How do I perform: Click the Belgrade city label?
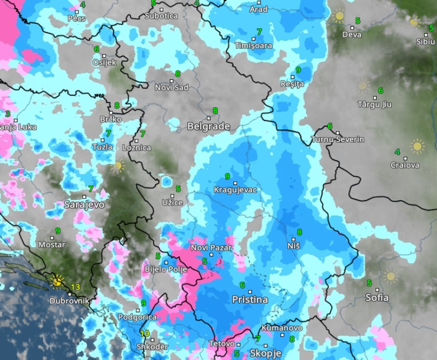point(208,126)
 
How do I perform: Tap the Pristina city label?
point(250,299)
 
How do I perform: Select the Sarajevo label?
point(84,204)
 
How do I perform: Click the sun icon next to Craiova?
point(417,146)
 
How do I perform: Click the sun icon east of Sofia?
point(391,276)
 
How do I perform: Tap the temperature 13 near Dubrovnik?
point(76,287)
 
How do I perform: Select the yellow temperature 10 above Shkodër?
point(145,334)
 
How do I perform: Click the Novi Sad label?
point(172,87)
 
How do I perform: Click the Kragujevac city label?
point(234,190)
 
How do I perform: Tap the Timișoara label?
point(253,46)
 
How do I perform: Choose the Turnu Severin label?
point(338,140)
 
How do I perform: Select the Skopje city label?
point(265,353)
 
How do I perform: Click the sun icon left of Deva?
point(339,16)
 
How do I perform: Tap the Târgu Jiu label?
point(375,104)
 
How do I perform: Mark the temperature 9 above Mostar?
point(58,231)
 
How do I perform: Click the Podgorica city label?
point(137,317)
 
